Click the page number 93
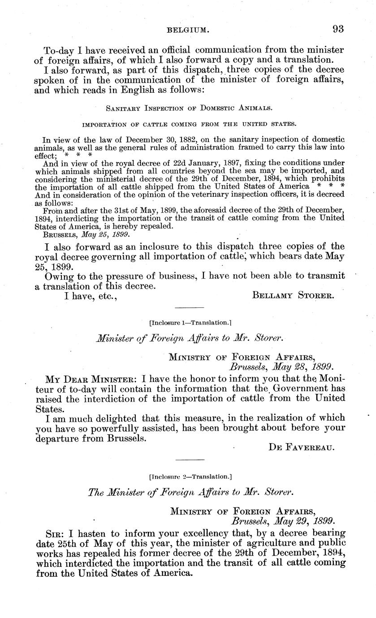338,30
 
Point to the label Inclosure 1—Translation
190,322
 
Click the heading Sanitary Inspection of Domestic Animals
190,108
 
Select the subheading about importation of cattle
190,124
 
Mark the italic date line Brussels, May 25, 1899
86,234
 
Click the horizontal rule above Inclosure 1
189,308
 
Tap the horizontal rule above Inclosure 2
189,460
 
